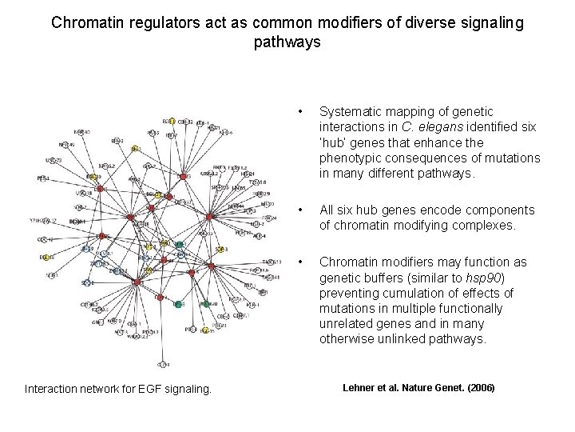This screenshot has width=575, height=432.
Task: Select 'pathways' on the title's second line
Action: pyautogui.click(x=287, y=42)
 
